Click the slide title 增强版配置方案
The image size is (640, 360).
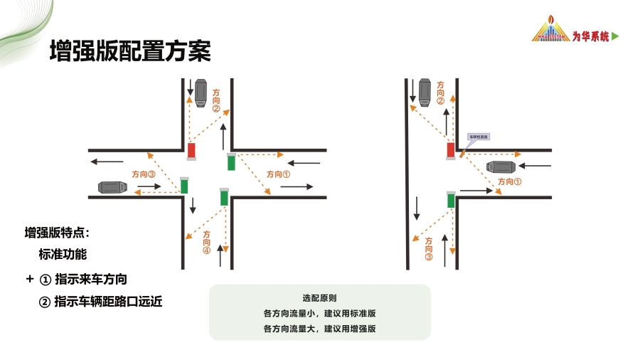pyautogui.click(x=129, y=51)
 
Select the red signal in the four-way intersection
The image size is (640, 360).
pyautogui.click(x=191, y=151)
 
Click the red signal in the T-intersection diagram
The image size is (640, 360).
pyautogui.click(x=450, y=150)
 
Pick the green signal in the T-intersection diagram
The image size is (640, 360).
pyautogui.click(x=451, y=200)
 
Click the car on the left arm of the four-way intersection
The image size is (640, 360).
pyautogui.click(x=112, y=187)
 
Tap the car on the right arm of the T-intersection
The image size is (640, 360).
pyautogui.click(x=501, y=167)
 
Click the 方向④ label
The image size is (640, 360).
pyautogui.click(x=207, y=242)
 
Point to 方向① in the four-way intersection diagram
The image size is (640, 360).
pyautogui.click(x=278, y=174)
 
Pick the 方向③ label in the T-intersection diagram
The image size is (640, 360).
pyautogui.click(x=429, y=249)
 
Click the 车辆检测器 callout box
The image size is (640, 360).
pyautogui.click(x=478, y=136)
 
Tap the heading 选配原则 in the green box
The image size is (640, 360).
pyautogui.click(x=319, y=298)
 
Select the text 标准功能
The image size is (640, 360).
pyautogui.click(x=63, y=253)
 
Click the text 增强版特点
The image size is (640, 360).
pyautogui.click(x=57, y=233)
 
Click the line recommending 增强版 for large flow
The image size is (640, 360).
pyautogui.click(x=319, y=329)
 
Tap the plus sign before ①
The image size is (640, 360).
pyautogui.click(x=29, y=278)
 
